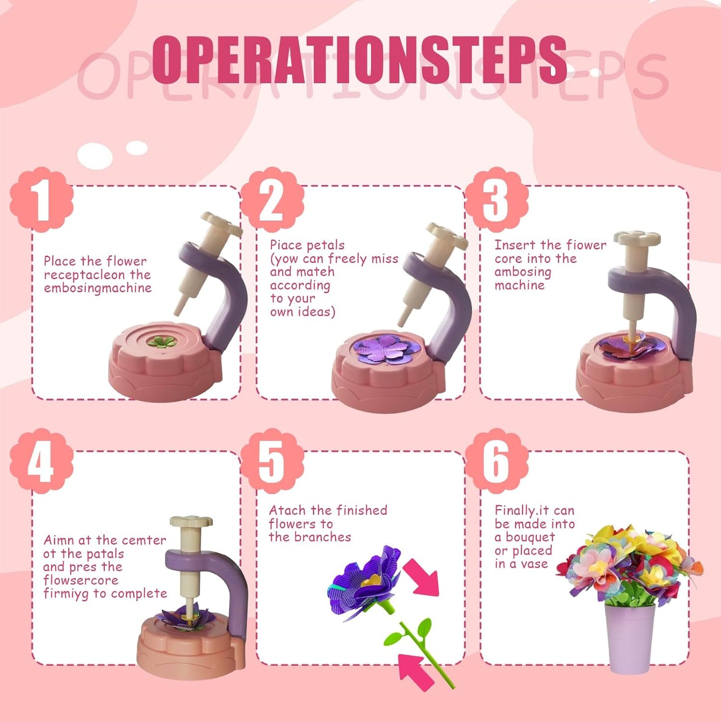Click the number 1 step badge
42,199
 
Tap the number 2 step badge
272,199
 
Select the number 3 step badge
496,199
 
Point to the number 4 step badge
42,461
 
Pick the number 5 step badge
272,461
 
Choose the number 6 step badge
496,461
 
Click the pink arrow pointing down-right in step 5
422,577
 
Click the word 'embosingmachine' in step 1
98,288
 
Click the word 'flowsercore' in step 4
81,580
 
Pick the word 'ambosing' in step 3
523,272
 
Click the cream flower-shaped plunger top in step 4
191,521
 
